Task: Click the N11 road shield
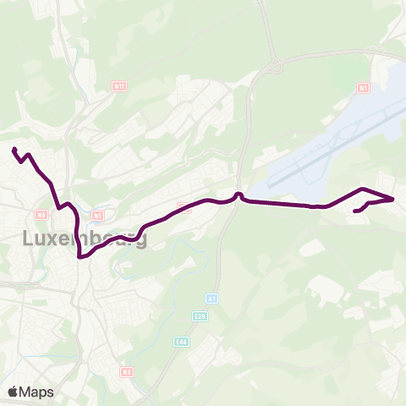tap(119, 85)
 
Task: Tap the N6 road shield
tap(42, 215)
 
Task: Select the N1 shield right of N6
tap(98, 215)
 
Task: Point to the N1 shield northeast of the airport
tap(363, 87)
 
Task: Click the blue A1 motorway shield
tap(211, 299)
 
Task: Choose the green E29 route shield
tap(200, 316)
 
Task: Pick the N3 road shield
tap(127, 371)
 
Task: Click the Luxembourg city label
tap(84, 239)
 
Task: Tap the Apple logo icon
tap(14, 392)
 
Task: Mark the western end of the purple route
tap(14, 150)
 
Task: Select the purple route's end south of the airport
tap(354, 211)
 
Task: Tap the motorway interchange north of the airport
tap(277, 65)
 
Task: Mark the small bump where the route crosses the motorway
tap(239, 195)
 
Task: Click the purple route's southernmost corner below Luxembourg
tap(80, 258)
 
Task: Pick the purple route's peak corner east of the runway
tap(362, 189)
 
